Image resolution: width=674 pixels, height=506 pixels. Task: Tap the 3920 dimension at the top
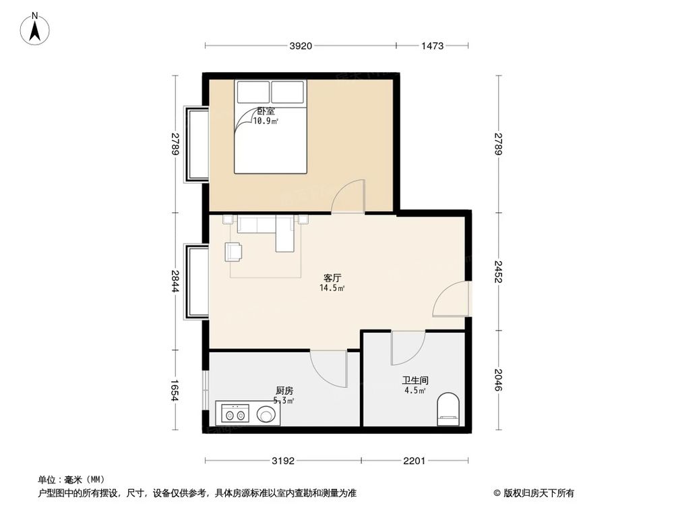point(301,47)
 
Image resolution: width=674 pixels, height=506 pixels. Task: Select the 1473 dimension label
point(431,47)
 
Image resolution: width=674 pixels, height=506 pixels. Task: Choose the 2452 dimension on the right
point(499,271)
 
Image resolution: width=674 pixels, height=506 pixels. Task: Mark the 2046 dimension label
point(499,381)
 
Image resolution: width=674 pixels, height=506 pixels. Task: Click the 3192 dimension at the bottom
point(283,461)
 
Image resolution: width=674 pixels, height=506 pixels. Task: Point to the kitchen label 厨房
point(284,391)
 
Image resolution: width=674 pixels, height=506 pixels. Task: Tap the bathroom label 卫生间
point(415,381)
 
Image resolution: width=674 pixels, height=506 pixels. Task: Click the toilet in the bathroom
point(448,410)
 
